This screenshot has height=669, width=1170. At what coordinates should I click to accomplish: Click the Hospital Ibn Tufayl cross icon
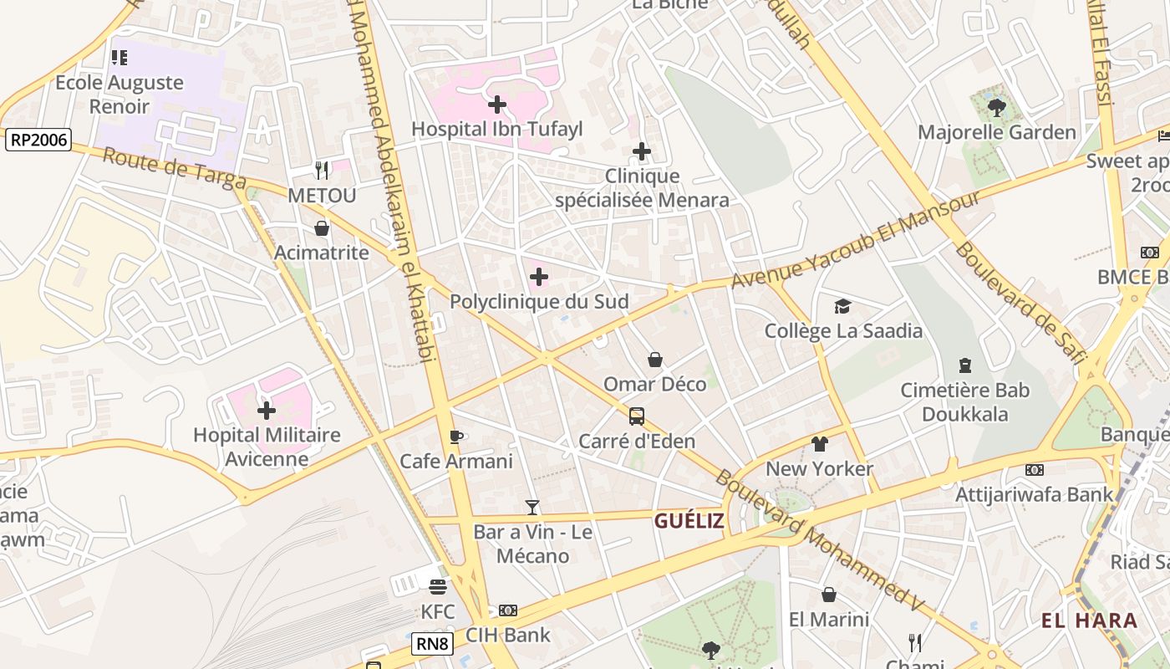[497, 105]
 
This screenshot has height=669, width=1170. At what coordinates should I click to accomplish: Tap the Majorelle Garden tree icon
[996, 107]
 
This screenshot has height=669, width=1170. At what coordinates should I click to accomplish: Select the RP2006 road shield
[38, 140]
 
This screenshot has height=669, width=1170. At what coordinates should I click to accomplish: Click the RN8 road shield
[433, 644]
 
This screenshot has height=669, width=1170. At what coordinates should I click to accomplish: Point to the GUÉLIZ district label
[689, 522]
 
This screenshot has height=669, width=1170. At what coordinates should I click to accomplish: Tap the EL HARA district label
[1089, 620]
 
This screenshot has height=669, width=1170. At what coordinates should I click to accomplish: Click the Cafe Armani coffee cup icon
[456, 437]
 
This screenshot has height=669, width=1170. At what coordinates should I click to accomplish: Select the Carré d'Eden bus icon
[637, 416]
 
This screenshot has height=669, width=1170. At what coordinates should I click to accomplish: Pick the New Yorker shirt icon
[819, 444]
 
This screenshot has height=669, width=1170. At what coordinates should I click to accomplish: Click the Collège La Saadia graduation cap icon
[842, 306]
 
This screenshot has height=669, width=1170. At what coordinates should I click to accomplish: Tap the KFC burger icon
[438, 587]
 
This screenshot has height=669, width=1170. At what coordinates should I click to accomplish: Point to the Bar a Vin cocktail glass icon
[532, 507]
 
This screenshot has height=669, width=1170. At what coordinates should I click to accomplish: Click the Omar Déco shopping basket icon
[655, 360]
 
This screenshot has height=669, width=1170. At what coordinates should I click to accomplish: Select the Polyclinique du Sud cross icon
[539, 277]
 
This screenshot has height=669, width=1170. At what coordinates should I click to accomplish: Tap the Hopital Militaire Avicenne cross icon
[267, 411]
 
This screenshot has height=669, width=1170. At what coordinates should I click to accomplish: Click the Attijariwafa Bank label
[1035, 494]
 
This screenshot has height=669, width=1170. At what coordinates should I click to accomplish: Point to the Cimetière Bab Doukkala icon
[965, 365]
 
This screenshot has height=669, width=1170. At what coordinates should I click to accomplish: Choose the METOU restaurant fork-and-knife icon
[322, 171]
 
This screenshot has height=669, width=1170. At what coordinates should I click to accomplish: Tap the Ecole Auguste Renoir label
[120, 94]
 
